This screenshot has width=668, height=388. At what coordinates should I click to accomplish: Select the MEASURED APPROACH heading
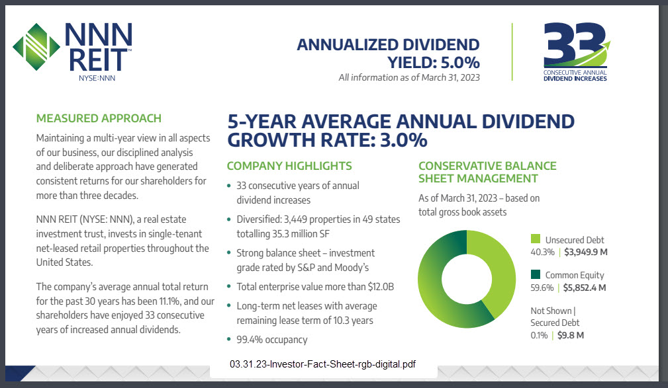99,119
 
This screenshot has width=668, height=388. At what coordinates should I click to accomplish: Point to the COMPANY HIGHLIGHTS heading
289,166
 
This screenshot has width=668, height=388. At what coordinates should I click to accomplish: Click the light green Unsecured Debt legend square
536,239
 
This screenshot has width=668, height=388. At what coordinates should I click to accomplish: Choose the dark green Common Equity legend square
536,274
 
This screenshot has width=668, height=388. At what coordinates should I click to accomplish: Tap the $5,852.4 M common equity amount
586,288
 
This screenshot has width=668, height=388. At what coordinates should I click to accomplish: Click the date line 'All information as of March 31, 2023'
408,77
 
